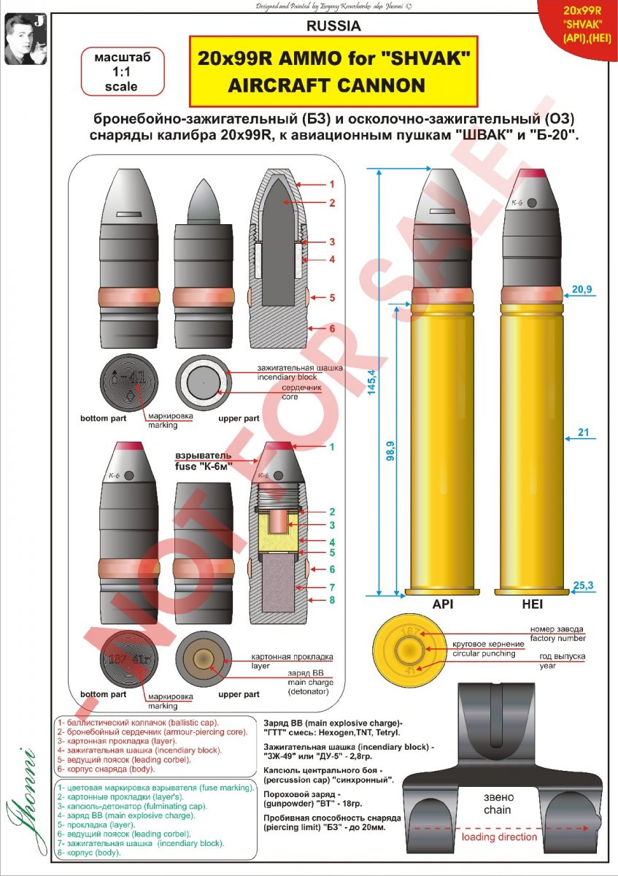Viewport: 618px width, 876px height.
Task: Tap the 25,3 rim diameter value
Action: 582,584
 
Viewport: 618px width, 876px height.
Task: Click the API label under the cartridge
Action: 444,605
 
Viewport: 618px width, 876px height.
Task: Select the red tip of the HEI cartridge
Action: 532,174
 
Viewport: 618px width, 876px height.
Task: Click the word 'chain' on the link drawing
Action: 497,810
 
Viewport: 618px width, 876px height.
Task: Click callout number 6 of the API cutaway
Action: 331,328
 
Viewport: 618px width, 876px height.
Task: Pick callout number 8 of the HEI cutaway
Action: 331,600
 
